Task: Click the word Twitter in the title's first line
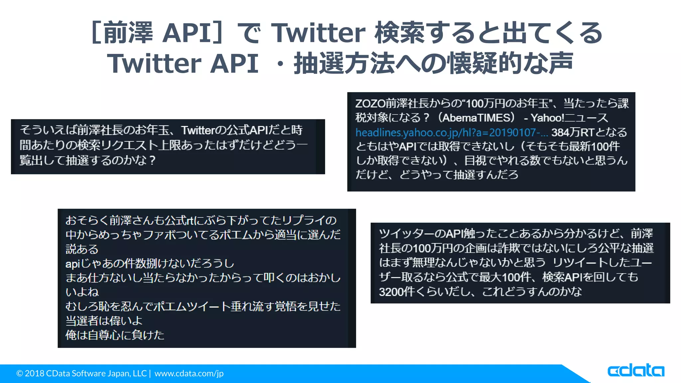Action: coord(319,33)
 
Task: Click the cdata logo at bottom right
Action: coord(635,371)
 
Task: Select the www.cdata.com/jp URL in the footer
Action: coord(189,373)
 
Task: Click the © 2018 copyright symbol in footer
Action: coord(20,373)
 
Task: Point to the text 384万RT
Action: coord(572,132)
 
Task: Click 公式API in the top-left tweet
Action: coord(247,130)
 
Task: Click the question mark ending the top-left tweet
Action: coord(152,160)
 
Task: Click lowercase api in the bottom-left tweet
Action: coord(72,264)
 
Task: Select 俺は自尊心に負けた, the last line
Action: coord(115,335)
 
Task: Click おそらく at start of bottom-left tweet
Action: coord(87,220)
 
